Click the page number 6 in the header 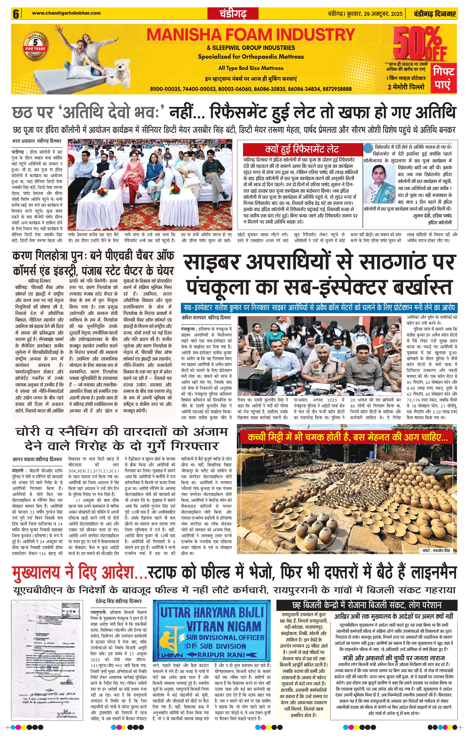pos(16,14)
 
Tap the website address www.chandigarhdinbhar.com pos(66,13)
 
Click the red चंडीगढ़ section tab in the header pos(233,14)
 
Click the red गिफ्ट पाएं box pos(444,78)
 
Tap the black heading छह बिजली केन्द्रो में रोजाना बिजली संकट pos(367,605)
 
